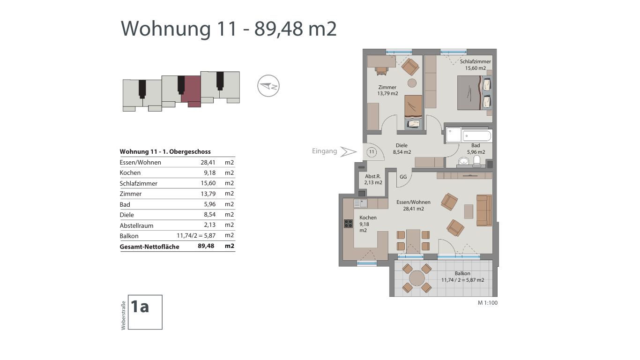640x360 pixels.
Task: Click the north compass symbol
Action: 268,86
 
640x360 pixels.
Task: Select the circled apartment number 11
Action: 372,152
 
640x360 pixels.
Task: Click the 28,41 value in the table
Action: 208,162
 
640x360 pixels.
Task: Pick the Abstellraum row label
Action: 136,225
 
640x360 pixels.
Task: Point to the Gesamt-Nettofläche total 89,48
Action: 206,246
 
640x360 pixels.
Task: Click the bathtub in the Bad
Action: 477,136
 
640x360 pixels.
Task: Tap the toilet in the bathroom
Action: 477,161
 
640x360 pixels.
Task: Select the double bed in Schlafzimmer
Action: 474,93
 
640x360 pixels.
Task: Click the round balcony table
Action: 417,278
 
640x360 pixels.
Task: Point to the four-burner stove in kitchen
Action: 348,223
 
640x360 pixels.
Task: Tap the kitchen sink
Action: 361,203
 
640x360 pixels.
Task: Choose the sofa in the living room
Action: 484,210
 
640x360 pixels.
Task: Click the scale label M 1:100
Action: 487,303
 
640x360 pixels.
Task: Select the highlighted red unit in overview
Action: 191,91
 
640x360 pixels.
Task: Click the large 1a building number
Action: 140,307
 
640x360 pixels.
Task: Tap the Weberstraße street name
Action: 123,315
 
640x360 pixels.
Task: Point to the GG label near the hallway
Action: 403,177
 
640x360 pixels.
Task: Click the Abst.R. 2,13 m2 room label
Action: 373,180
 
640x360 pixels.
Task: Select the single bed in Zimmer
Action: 413,112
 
